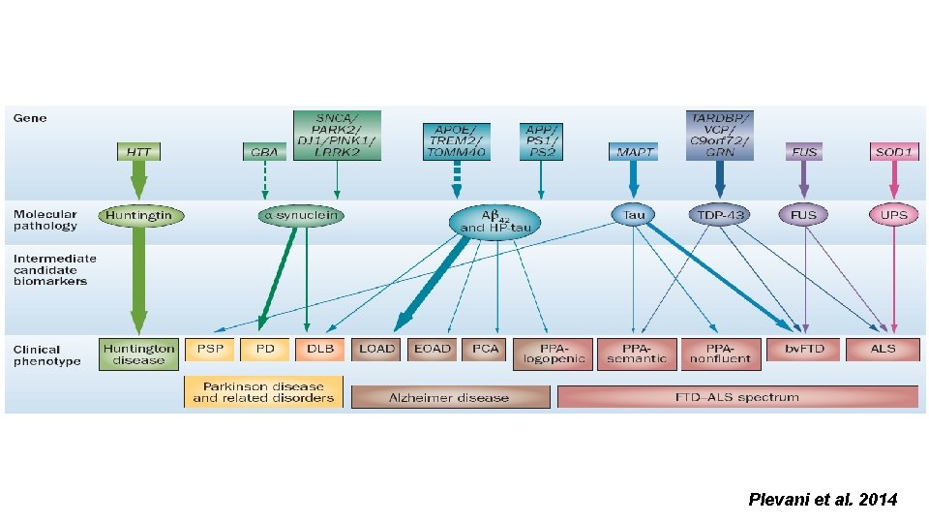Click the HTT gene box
coord(138,152)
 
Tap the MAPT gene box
coord(634,152)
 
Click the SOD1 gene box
coord(894,152)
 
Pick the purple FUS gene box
coord(804,152)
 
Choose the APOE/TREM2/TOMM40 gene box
coord(457,141)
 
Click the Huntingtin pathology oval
coord(140,215)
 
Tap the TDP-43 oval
coord(719,215)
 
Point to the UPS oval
coord(893,215)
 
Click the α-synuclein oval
coord(301,215)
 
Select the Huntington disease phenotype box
coord(139,354)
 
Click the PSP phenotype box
coord(210,349)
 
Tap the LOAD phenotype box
coord(376,349)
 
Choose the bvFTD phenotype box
coord(803,349)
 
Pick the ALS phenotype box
coord(883,349)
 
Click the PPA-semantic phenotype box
coord(636,354)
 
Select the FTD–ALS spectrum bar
coord(737,397)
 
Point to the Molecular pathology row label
coord(45,220)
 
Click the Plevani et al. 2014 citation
coord(823,500)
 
